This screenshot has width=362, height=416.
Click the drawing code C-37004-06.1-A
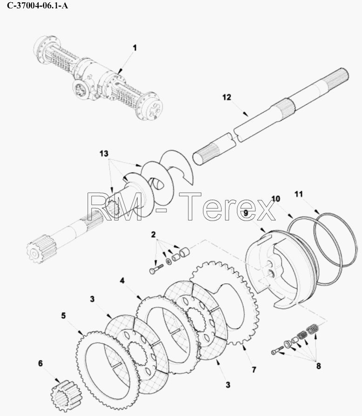coord(37,5)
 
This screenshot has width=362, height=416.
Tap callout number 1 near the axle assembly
coord(135,48)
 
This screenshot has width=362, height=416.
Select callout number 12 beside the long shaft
coord(227,97)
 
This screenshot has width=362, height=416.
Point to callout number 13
coord(104,154)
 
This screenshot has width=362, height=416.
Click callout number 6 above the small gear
coord(40,363)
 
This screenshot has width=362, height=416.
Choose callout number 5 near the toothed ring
coord(63,315)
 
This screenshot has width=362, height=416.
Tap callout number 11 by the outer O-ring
coord(299,194)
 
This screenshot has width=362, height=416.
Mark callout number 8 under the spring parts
coord(319,366)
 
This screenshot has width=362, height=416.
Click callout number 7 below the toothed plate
coord(254,370)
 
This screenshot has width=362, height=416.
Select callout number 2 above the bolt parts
coord(153,235)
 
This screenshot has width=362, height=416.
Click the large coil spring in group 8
coord(313,329)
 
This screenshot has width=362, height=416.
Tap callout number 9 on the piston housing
coord(246,213)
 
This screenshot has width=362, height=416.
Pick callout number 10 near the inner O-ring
coord(276,199)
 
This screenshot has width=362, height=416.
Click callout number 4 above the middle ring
coord(122,281)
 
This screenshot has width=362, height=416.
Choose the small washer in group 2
coord(168,261)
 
